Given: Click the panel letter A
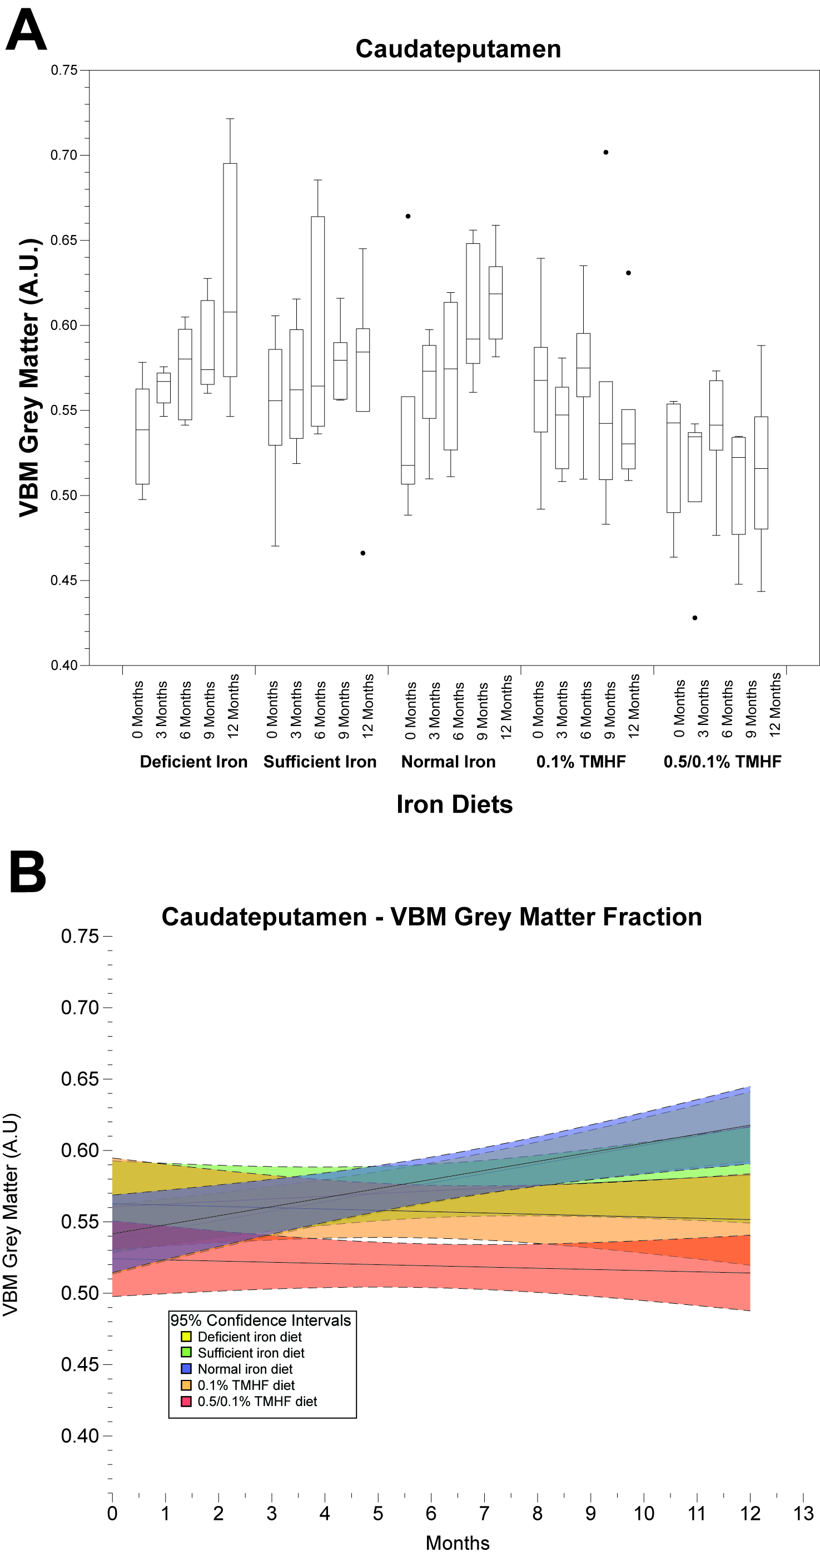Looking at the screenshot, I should point(26,32).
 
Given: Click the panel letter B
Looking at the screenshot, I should point(28,872).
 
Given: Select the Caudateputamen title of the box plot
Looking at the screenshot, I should point(458,49).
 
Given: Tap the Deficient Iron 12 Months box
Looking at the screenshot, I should point(230,269).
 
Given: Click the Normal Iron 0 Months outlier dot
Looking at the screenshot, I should point(408,216).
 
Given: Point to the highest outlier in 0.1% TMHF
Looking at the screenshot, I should point(606,152).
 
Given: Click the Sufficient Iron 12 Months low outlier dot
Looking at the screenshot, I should point(362,553).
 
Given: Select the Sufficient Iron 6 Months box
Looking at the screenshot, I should point(318,321).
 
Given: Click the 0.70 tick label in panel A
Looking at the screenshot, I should point(64,155).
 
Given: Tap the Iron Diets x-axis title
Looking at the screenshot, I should point(454,804).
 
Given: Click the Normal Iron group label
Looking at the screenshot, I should point(449,762).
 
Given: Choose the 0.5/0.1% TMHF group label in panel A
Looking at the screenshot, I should point(722,762).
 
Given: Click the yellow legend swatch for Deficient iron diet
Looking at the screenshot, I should point(186,1337).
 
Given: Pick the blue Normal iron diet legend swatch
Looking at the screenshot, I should point(186,1369).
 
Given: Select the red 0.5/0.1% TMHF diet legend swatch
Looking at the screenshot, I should point(186,1402).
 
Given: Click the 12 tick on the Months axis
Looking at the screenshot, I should point(750,1513).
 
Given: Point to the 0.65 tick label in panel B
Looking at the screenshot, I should point(79,1079).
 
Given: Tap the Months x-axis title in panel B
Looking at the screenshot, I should point(458,1543).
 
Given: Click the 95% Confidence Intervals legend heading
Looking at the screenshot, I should point(260,1320).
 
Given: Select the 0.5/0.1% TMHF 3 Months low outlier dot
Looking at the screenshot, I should point(695,618).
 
